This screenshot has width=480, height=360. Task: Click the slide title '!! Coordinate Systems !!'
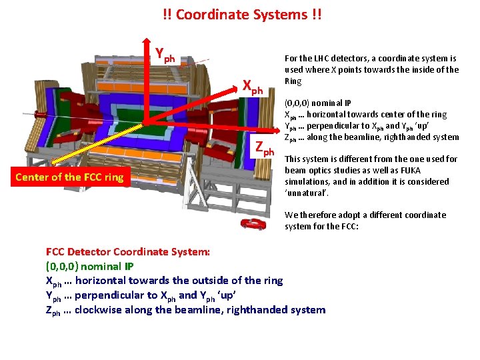(242, 14)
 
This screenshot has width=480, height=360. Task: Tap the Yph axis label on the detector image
(165, 54)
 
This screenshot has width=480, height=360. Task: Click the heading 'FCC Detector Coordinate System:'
(128, 252)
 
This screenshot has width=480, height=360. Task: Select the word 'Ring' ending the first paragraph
(293, 81)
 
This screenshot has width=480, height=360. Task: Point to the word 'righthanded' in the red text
(260, 310)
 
